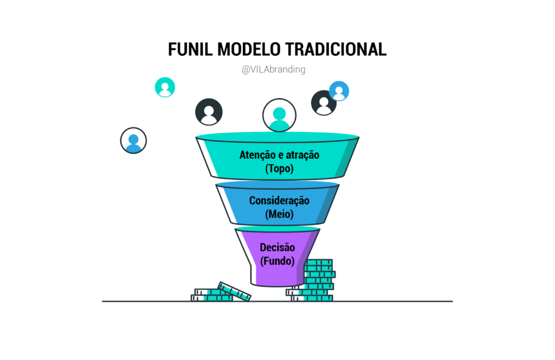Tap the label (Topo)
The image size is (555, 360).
[279, 169]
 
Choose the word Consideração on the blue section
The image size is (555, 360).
[279, 201]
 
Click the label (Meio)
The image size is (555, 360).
[279, 214]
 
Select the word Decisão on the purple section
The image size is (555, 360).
[277, 248]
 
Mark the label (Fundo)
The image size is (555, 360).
[277, 261]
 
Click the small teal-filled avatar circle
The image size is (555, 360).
[165, 87]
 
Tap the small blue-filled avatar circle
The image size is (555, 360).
[339, 91]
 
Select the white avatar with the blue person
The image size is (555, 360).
[133, 140]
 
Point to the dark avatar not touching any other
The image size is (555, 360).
[209, 112]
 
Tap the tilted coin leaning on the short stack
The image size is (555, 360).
[234, 291]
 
